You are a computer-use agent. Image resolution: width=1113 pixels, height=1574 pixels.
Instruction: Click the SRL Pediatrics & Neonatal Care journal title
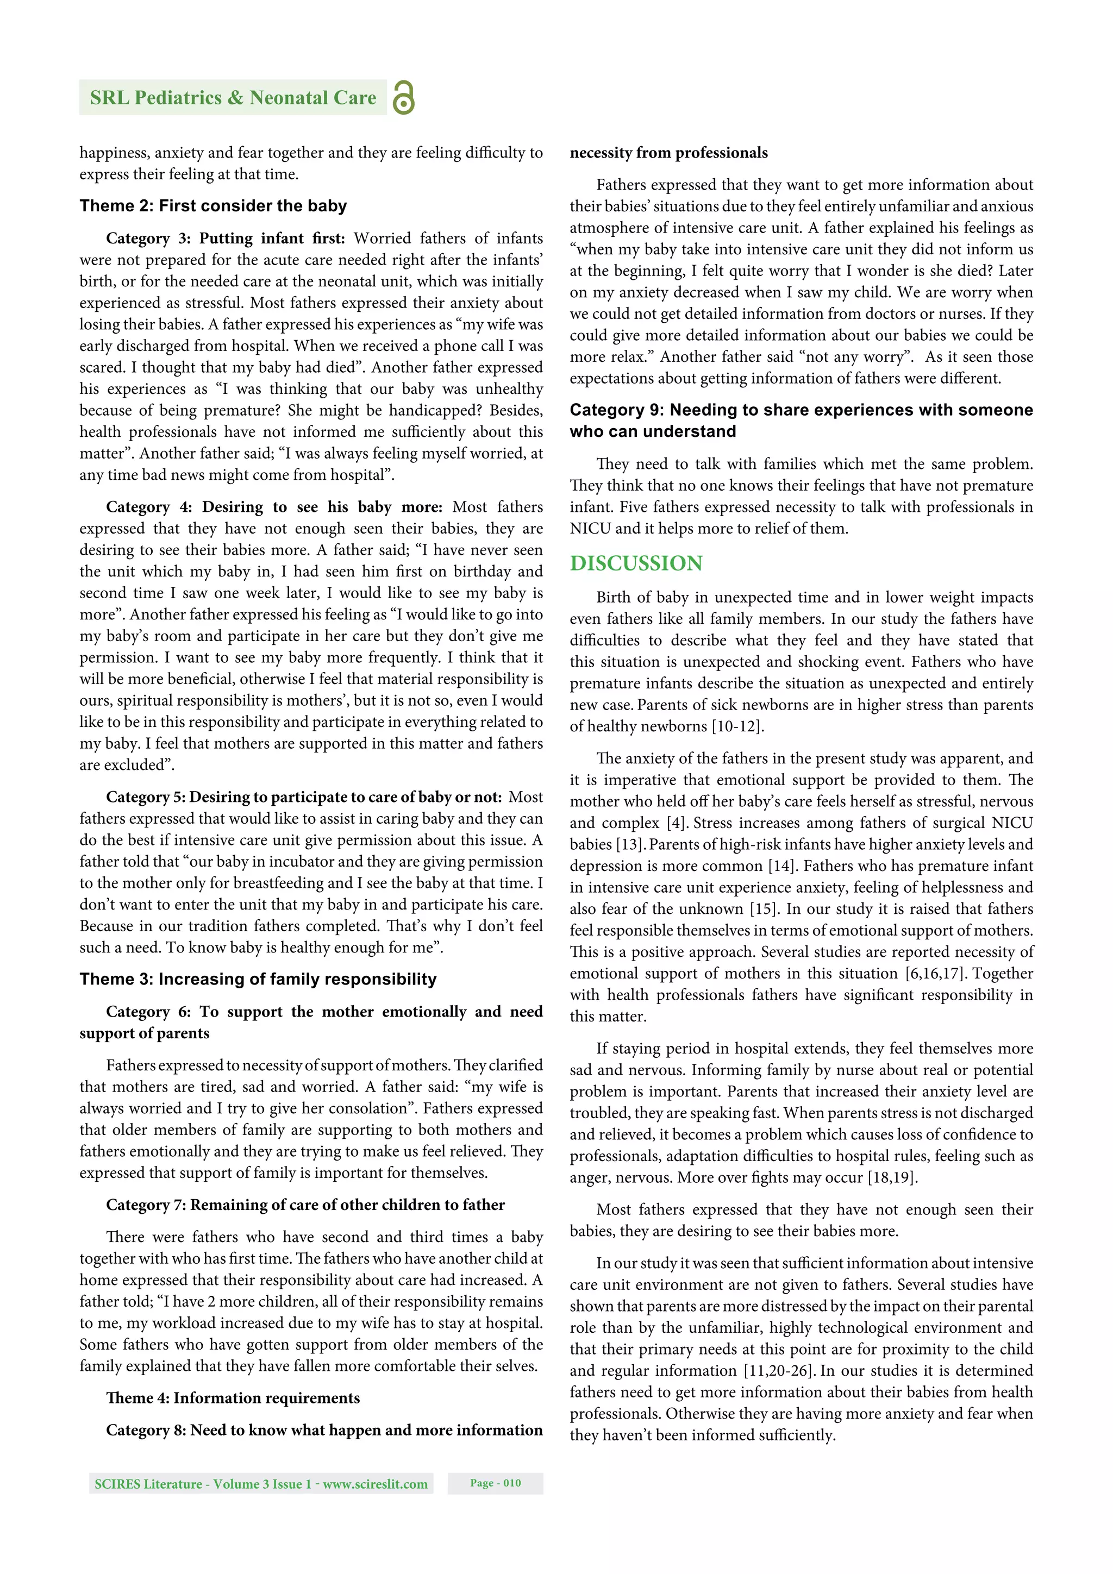click(233, 98)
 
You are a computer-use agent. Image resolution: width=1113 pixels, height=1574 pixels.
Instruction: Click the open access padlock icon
click(403, 97)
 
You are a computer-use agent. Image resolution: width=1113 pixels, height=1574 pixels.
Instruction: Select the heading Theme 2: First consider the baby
click(212, 206)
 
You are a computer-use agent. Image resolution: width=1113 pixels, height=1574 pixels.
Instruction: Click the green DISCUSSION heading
click(636, 563)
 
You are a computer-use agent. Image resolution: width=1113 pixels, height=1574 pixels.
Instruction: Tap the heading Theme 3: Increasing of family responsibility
click(258, 979)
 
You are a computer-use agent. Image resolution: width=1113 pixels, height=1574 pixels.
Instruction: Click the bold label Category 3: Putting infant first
click(225, 238)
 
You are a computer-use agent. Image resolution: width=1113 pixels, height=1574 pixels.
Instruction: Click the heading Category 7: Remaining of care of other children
click(305, 1205)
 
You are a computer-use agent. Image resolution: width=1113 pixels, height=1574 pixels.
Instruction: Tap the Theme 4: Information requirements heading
click(233, 1398)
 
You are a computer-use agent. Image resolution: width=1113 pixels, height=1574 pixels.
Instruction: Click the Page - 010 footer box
click(495, 1483)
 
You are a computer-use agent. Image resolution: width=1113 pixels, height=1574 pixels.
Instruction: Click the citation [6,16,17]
click(936, 974)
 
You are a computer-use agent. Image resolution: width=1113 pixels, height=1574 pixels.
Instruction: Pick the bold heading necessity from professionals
click(668, 153)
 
